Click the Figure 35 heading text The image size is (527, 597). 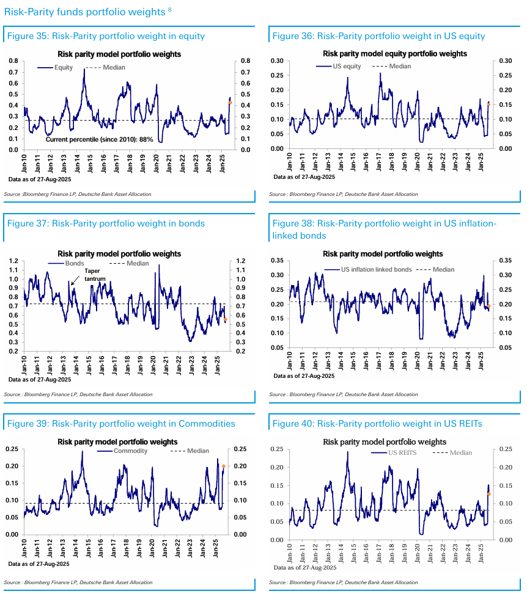click(106, 36)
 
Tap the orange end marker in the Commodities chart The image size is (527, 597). click(223, 466)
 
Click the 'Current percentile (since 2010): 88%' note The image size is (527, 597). click(100, 140)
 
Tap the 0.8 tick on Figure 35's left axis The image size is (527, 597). click(13, 61)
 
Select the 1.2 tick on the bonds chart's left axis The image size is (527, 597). click(13, 261)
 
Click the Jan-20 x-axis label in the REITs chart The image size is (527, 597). click(419, 552)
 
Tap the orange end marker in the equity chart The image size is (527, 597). click(230, 103)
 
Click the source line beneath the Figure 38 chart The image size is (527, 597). click(343, 395)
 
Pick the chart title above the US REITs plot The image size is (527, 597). click(384, 441)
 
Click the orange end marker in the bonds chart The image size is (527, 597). click(225, 319)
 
